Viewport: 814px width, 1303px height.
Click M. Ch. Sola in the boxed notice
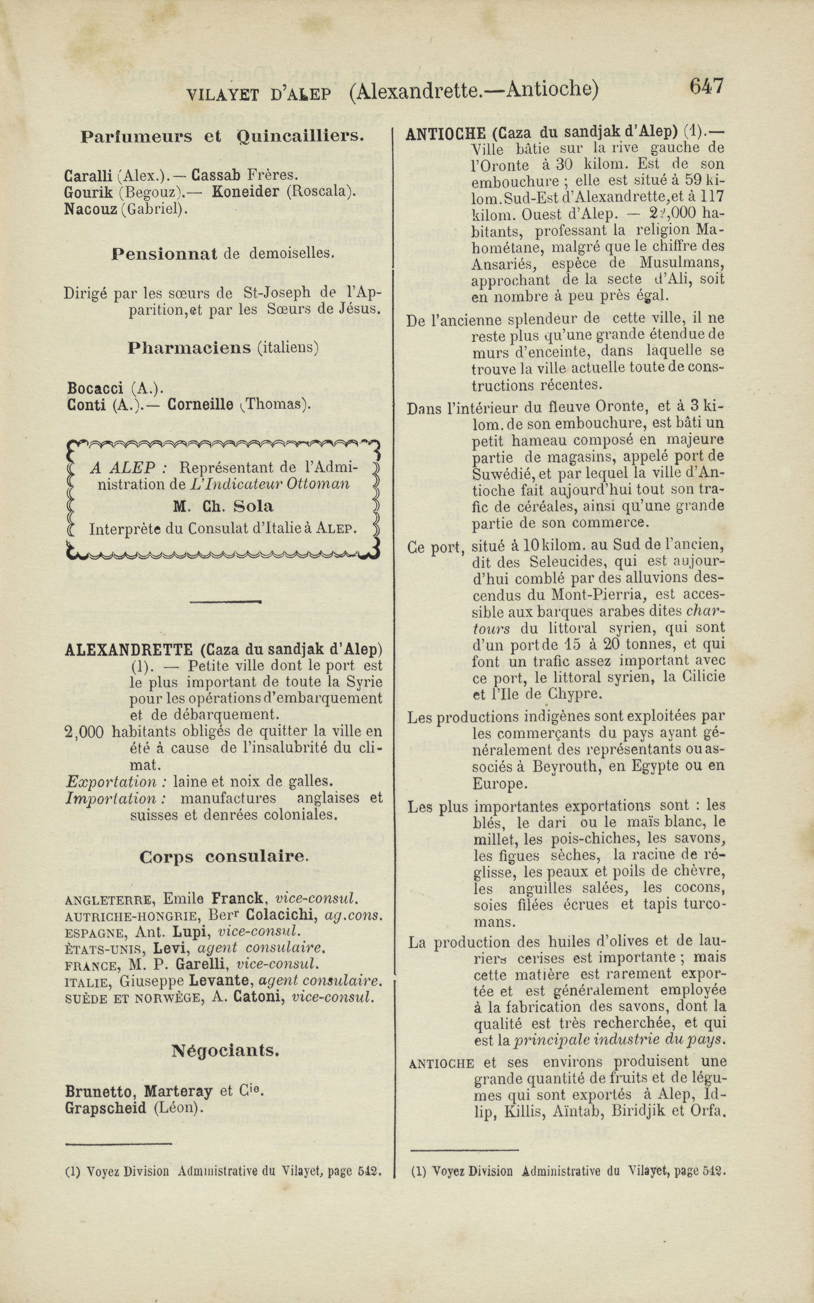[x=223, y=507]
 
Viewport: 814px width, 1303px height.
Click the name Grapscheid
[x=105, y=1108]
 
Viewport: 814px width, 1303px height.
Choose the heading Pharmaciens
[x=190, y=348]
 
